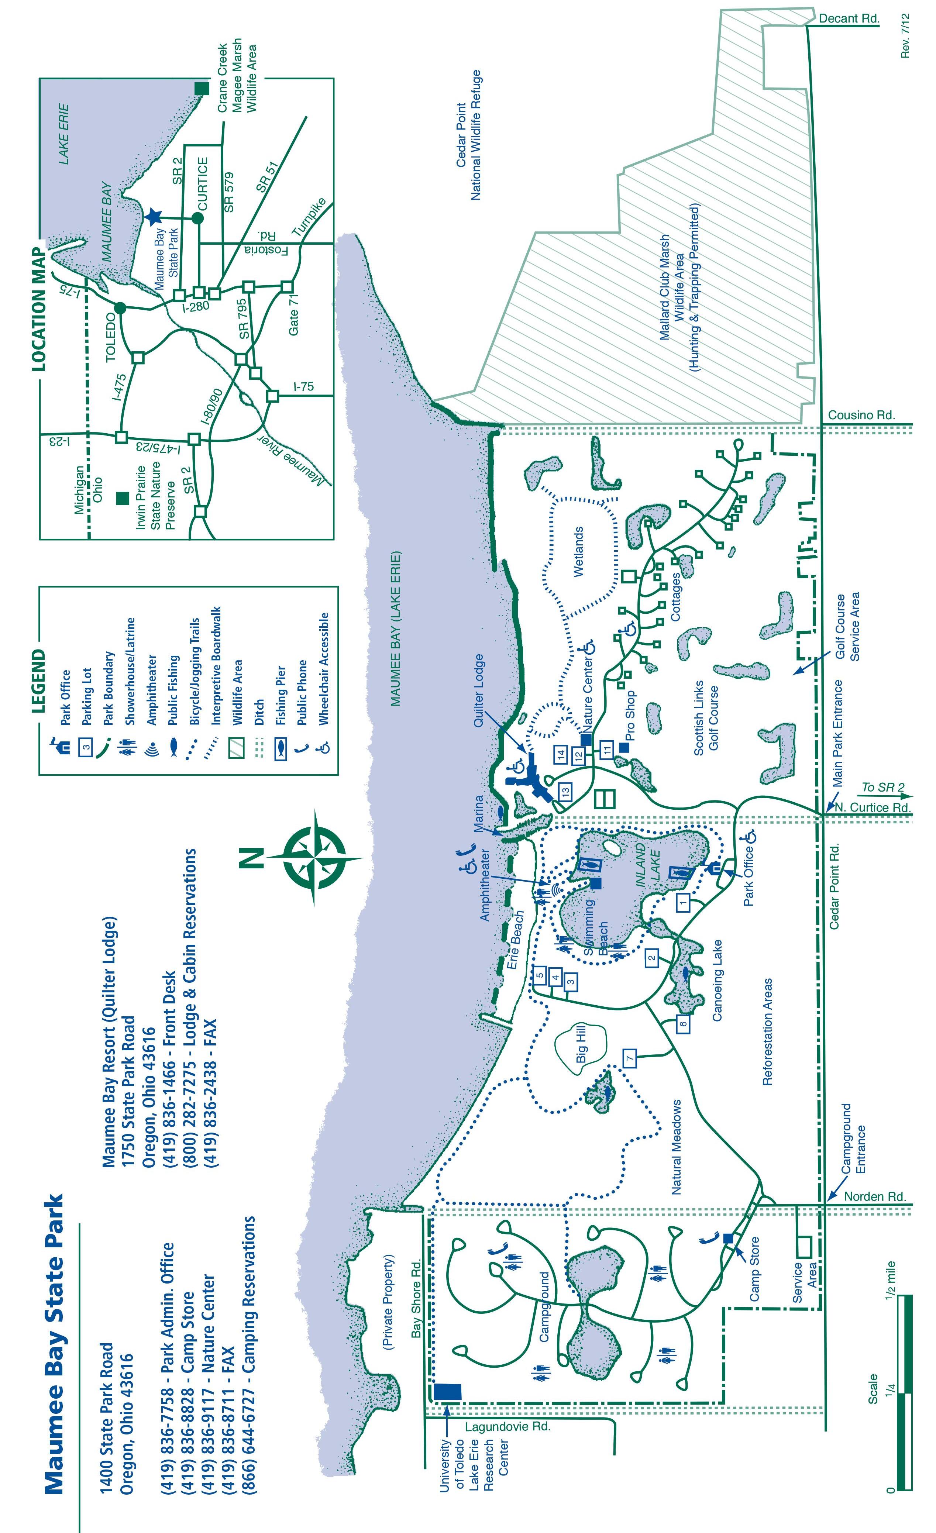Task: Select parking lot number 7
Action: tap(630, 1056)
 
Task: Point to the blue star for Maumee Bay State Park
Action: tap(154, 217)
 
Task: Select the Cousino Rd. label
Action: tap(861, 415)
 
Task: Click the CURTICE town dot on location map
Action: tap(197, 218)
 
